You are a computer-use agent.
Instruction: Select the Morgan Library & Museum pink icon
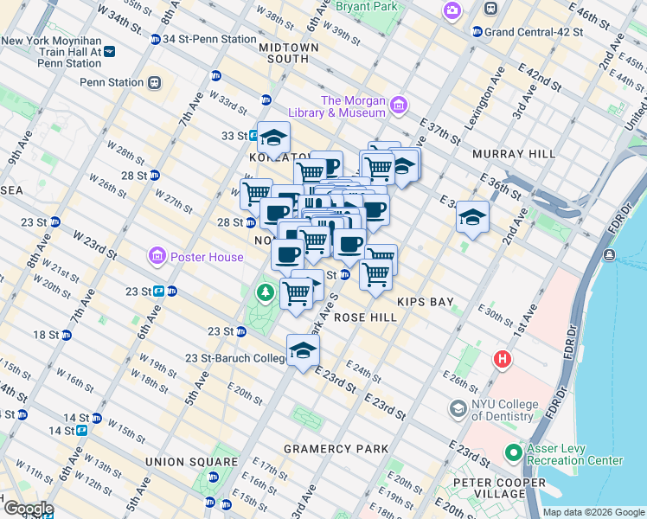[x=398, y=106]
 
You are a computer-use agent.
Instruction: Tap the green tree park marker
[x=265, y=294]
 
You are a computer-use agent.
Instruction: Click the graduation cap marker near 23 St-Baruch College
[x=303, y=350]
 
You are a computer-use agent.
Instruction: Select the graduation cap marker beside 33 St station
[x=273, y=137]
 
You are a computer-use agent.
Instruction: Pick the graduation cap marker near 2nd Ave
[x=473, y=216]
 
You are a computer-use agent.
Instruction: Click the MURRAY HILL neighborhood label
[x=513, y=154]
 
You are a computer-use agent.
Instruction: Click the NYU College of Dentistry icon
[x=458, y=407]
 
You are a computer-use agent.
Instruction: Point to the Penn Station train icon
[x=153, y=82]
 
